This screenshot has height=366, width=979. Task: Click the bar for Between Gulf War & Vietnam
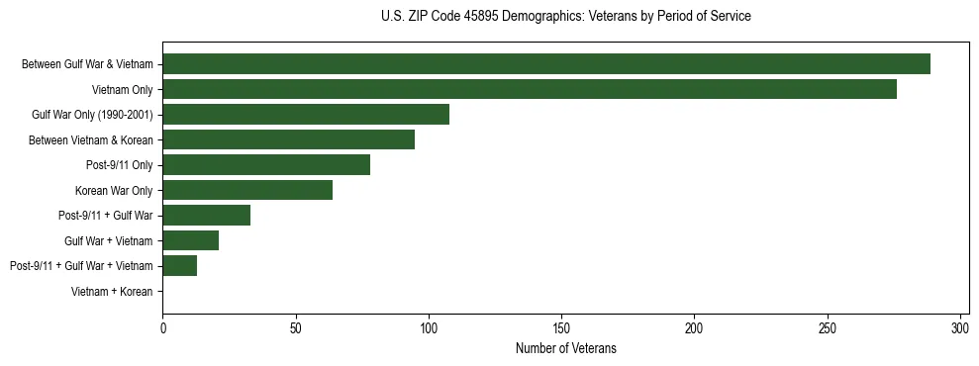[x=546, y=64]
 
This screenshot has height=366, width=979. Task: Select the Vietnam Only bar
[x=530, y=89]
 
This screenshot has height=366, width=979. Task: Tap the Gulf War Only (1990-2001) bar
[x=306, y=115]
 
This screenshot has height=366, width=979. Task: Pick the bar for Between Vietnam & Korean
[x=288, y=139]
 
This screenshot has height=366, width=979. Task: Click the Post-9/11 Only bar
[x=266, y=165]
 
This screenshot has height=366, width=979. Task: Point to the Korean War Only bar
[x=247, y=190]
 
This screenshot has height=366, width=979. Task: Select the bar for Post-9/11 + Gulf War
[x=206, y=215]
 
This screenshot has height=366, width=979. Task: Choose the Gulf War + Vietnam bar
[x=190, y=240]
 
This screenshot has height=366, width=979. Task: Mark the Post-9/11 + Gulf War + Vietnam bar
[x=179, y=265]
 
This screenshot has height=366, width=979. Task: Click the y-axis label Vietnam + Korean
[x=112, y=291]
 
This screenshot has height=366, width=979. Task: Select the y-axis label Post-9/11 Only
[x=119, y=165]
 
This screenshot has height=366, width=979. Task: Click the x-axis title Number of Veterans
[x=565, y=348]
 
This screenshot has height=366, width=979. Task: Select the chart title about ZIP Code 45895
[x=565, y=17]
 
